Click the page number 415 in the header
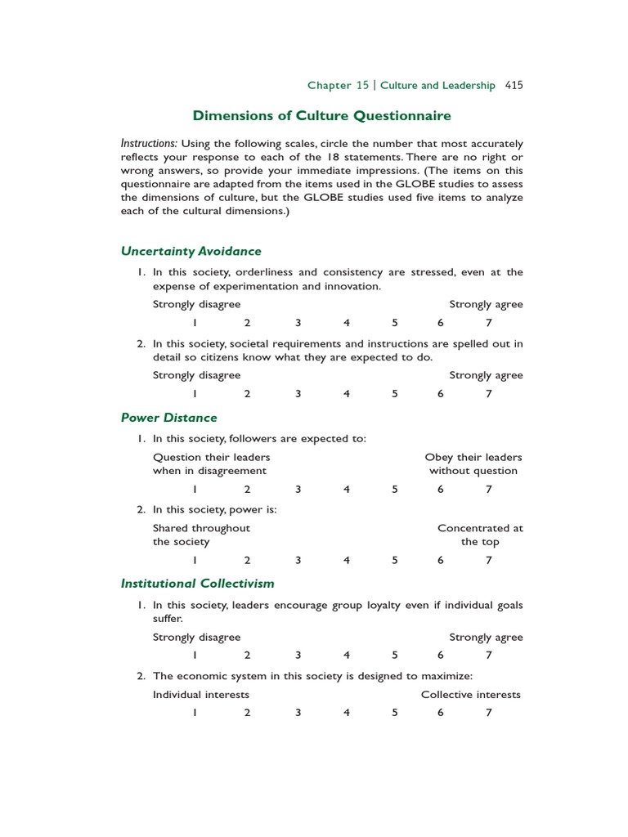point(514,85)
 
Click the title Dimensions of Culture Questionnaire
point(321,116)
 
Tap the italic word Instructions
point(149,143)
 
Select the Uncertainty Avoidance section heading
point(191,251)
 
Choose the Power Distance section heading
point(168,418)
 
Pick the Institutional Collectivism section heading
point(197,584)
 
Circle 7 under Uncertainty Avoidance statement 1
point(488,323)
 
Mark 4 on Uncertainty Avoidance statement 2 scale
point(347,394)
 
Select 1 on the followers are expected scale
point(195,490)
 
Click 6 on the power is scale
point(440,561)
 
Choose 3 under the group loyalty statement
point(298,656)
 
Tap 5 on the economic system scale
point(394,713)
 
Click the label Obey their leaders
point(473,457)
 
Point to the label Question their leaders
point(211,457)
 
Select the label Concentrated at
point(480,528)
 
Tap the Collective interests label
point(470,695)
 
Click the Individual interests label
point(200,695)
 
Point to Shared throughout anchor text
point(201,528)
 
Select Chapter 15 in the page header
point(338,85)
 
